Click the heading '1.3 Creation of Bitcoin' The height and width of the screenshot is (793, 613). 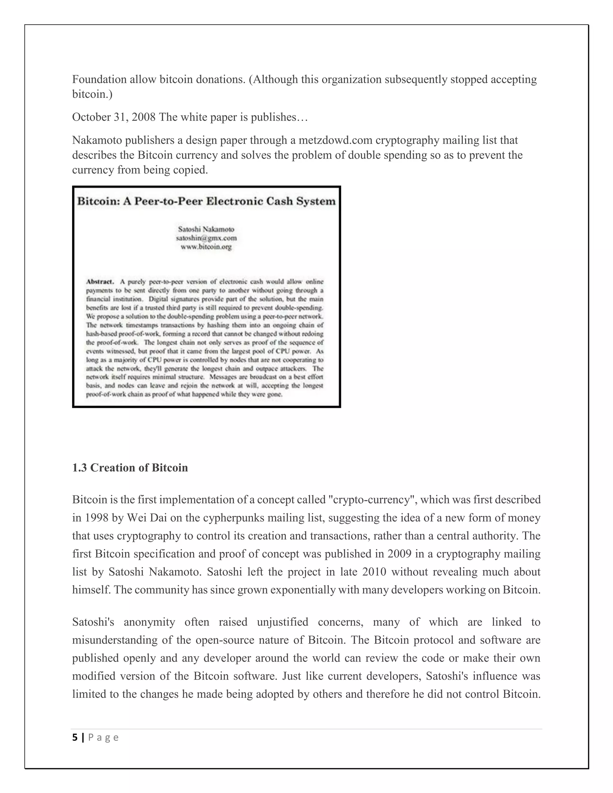click(130, 468)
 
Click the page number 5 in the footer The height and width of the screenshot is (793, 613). click(75, 737)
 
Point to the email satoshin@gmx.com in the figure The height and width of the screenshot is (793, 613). click(206, 238)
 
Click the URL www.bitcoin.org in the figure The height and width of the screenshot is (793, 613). click(206, 247)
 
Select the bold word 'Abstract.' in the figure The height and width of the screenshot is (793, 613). click(100, 282)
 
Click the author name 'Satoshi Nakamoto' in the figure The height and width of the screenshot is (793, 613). click(206, 230)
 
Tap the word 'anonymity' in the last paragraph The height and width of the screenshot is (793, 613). click(149, 622)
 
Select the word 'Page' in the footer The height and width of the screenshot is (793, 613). click(104, 737)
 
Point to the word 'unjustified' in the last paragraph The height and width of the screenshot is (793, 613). click(282, 622)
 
